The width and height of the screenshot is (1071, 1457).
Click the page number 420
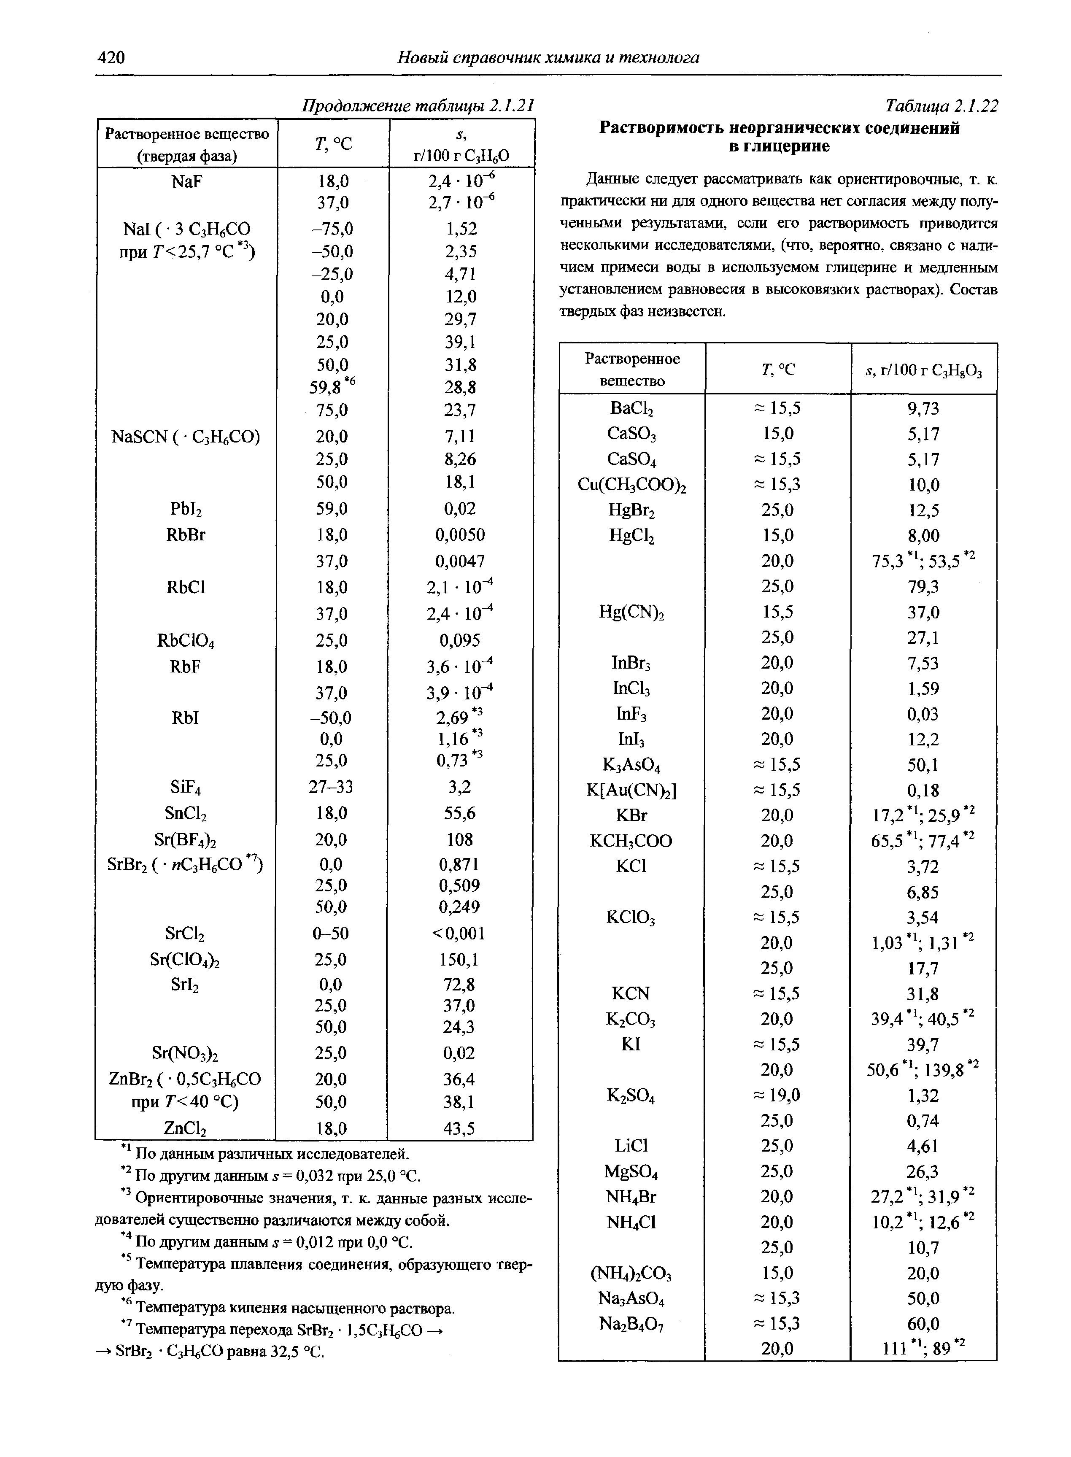pyautogui.click(x=111, y=58)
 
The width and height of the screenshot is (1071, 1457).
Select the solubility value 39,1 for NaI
pyautogui.click(x=460, y=342)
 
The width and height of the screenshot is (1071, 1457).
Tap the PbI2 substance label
pyautogui.click(x=186, y=510)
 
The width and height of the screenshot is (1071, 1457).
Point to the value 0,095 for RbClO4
pyautogui.click(x=460, y=640)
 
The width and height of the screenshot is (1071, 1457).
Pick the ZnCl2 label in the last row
pyautogui.click(x=186, y=1130)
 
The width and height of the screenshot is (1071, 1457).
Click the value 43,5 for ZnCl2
pyautogui.click(x=460, y=1129)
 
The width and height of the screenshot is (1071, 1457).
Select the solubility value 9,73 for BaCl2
pyautogui.click(x=923, y=408)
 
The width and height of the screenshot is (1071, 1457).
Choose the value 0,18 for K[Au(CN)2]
pyautogui.click(x=923, y=790)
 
